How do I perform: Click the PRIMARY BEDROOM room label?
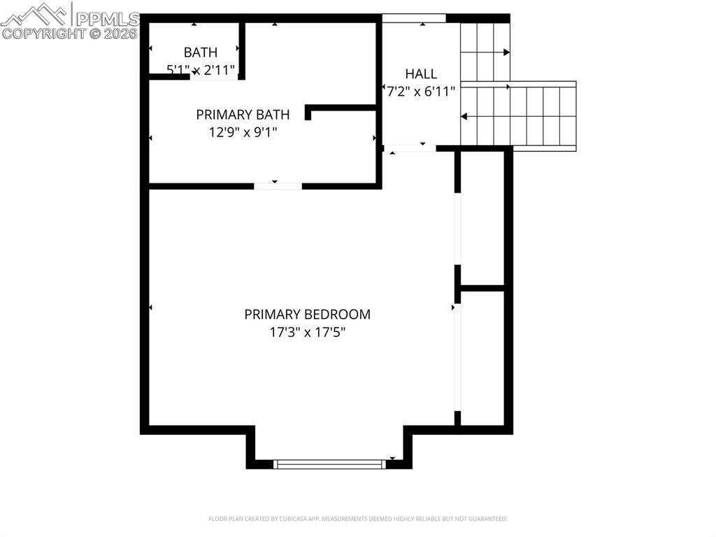(x=307, y=314)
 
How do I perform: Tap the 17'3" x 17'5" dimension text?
(x=307, y=333)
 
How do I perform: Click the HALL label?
(x=421, y=74)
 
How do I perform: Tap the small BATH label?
(x=200, y=52)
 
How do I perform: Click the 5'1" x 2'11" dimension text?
(x=201, y=69)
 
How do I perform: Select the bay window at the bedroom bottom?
(x=329, y=463)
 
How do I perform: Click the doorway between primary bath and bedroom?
(x=278, y=186)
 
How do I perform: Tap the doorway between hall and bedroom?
(x=410, y=148)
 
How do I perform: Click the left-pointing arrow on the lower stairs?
(x=464, y=116)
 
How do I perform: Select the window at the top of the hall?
(x=414, y=18)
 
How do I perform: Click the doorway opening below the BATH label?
(x=214, y=76)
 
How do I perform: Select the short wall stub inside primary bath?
(x=341, y=109)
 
